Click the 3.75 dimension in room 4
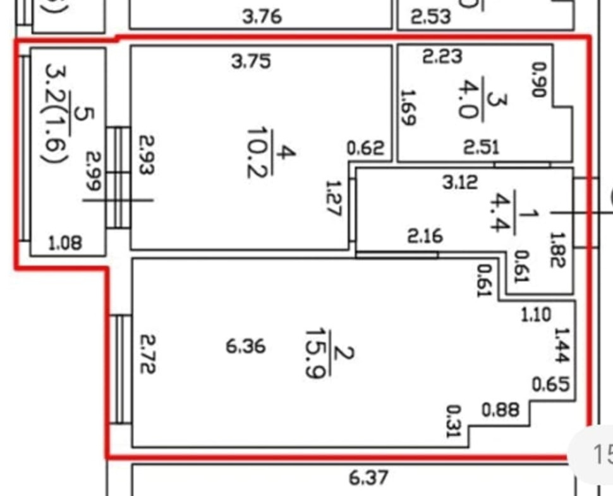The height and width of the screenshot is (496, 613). click(252, 61)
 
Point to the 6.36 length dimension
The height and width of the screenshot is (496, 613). click(245, 346)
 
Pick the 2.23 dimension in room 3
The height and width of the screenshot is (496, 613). click(442, 57)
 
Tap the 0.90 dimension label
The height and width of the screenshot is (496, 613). click(538, 79)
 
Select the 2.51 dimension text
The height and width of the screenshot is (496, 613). click(481, 147)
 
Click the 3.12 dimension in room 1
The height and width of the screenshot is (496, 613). click(459, 184)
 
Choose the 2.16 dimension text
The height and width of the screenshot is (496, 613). click(425, 237)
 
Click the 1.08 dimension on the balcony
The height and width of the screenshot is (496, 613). click(65, 243)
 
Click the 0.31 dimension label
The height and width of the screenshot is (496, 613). click(453, 421)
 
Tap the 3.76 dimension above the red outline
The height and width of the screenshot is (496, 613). click(262, 16)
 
